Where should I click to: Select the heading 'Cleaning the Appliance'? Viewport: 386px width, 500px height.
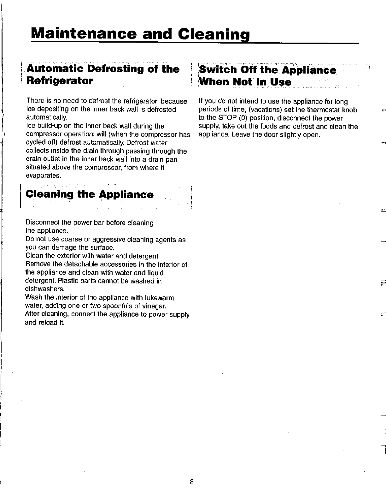pos(90,194)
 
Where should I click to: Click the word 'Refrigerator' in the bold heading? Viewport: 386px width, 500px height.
pos(60,81)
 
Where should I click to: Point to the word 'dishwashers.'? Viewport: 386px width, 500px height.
pos(45,289)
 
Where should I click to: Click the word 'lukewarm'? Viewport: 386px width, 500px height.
pos(160,298)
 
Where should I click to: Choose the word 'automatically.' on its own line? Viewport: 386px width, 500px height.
pos(46,118)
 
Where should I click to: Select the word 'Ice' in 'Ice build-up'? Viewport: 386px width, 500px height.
pos(31,126)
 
